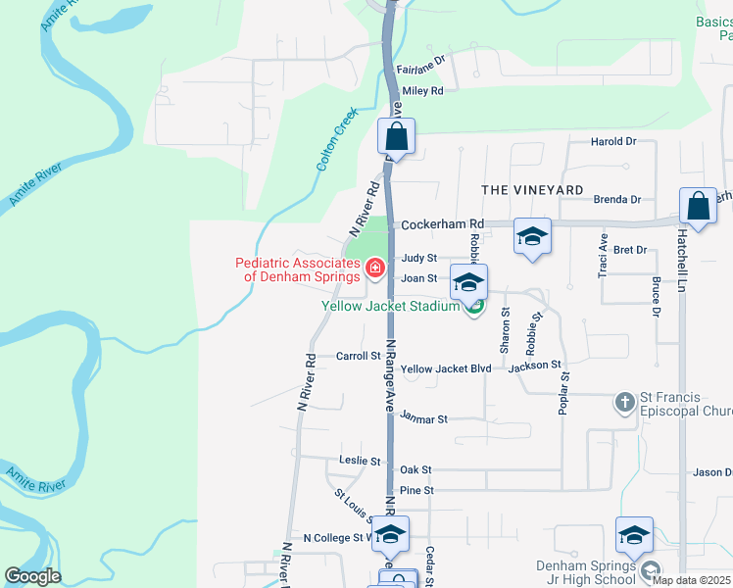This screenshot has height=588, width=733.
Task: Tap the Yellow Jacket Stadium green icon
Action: click(x=475, y=308)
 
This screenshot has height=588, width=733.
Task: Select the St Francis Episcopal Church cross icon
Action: click(x=625, y=402)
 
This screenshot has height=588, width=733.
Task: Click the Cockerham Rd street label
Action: click(x=443, y=223)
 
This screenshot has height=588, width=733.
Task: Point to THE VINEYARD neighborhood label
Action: click(x=532, y=189)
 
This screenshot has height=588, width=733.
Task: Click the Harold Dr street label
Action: click(x=613, y=141)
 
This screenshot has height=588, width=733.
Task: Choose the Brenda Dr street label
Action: click(x=617, y=200)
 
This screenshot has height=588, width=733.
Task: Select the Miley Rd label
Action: click(x=422, y=90)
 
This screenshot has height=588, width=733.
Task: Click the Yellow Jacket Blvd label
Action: click(x=446, y=368)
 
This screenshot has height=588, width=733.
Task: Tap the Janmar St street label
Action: click(x=424, y=418)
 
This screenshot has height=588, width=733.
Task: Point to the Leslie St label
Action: click(x=359, y=461)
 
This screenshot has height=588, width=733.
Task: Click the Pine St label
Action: click(x=415, y=490)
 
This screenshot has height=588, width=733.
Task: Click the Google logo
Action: click(x=32, y=576)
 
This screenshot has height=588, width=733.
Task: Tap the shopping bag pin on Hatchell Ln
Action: click(x=698, y=207)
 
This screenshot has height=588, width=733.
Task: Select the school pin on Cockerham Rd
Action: click(x=532, y=236)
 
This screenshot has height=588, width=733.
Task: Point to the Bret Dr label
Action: click(x=629, y=250)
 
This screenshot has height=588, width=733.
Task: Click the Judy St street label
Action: click(x=418, y=259)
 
